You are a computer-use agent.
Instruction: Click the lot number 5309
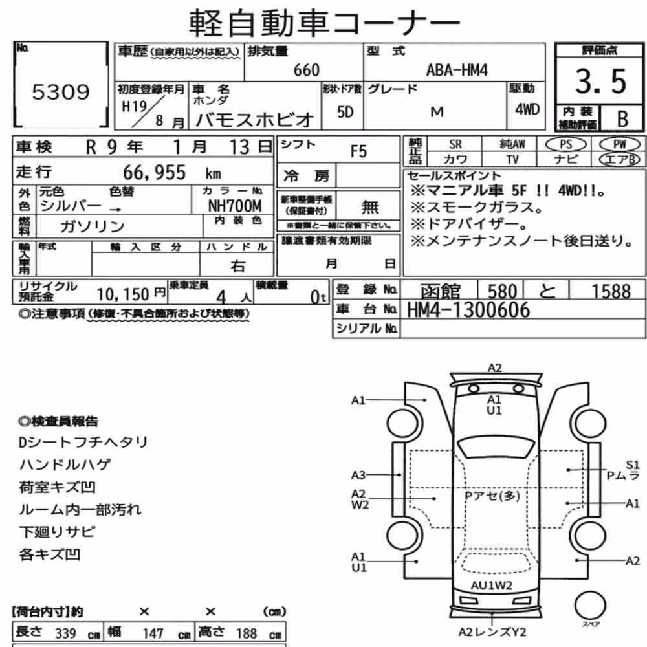point(61,92)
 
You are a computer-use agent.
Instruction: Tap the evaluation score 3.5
point(601,81)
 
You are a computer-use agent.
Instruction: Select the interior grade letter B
point(622,119)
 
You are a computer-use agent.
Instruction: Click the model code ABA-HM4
point(457,70)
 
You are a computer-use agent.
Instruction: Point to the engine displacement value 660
point(306,70)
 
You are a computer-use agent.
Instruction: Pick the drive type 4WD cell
point(527,109)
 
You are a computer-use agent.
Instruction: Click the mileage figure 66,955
point(155,173)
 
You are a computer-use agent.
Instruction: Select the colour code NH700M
point(234,206)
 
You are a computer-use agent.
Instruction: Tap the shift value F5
point(358,151)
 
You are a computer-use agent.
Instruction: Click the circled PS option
point(565,144)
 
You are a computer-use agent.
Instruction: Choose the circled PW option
point(619,144)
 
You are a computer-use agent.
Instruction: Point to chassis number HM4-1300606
point(468,310)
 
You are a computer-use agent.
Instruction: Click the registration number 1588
point(611,291)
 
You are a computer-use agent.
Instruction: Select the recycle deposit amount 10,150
point(122,294)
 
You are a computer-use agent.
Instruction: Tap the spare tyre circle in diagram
point(590,606)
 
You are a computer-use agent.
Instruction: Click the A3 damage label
point(358,476)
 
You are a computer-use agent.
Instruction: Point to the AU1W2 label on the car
point(492,586)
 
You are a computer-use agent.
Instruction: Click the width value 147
point(153,633)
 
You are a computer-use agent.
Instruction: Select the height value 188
point(247,633)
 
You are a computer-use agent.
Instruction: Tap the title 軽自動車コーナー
point(324,23)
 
